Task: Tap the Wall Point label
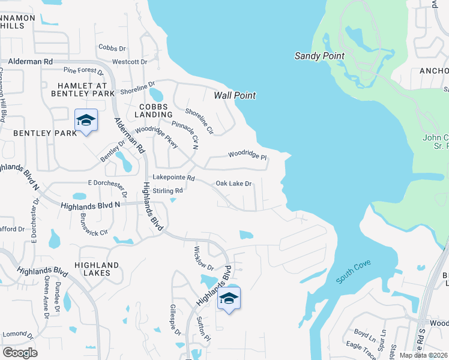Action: pyautogui.click(x=235, y=95)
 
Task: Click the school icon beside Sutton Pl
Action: pyautogui.click(x=229, y=298)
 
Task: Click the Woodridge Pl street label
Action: pyautogui.click(x=247, y=156)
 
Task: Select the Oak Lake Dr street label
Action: pyautogui.click(x=233, y=184)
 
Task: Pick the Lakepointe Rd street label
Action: pyautogui.click(x=174, y=178)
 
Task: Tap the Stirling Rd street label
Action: pyautogui.click(x=167, y=191)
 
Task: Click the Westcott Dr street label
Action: pyautogui.click(x=130, y=62)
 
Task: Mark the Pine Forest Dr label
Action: pyautogui.click(x=83, y=70)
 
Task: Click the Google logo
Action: pyautogui.click(x=20, y=352)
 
